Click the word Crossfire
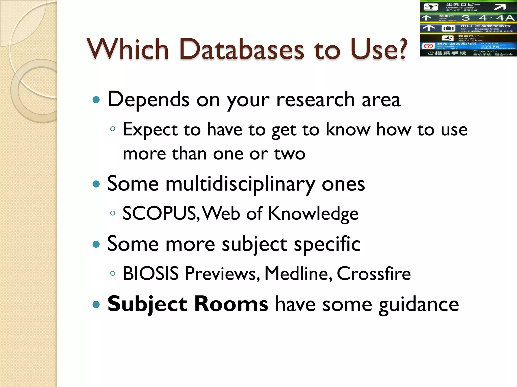coord(374,273)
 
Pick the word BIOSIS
coord(151,273)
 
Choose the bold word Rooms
coord(231,304)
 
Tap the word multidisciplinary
coord(240,184)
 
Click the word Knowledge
coord(313,213)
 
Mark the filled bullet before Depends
coord(96,100)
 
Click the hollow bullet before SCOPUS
coord(113,213)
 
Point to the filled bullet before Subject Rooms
coord(96,305)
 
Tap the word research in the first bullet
coord(316,100)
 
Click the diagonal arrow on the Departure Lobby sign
coord(500,7)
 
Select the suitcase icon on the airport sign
coord(448,28)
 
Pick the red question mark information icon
coord(428,46)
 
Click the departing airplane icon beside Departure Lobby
coord(431,7)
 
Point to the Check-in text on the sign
coord(485,51)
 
